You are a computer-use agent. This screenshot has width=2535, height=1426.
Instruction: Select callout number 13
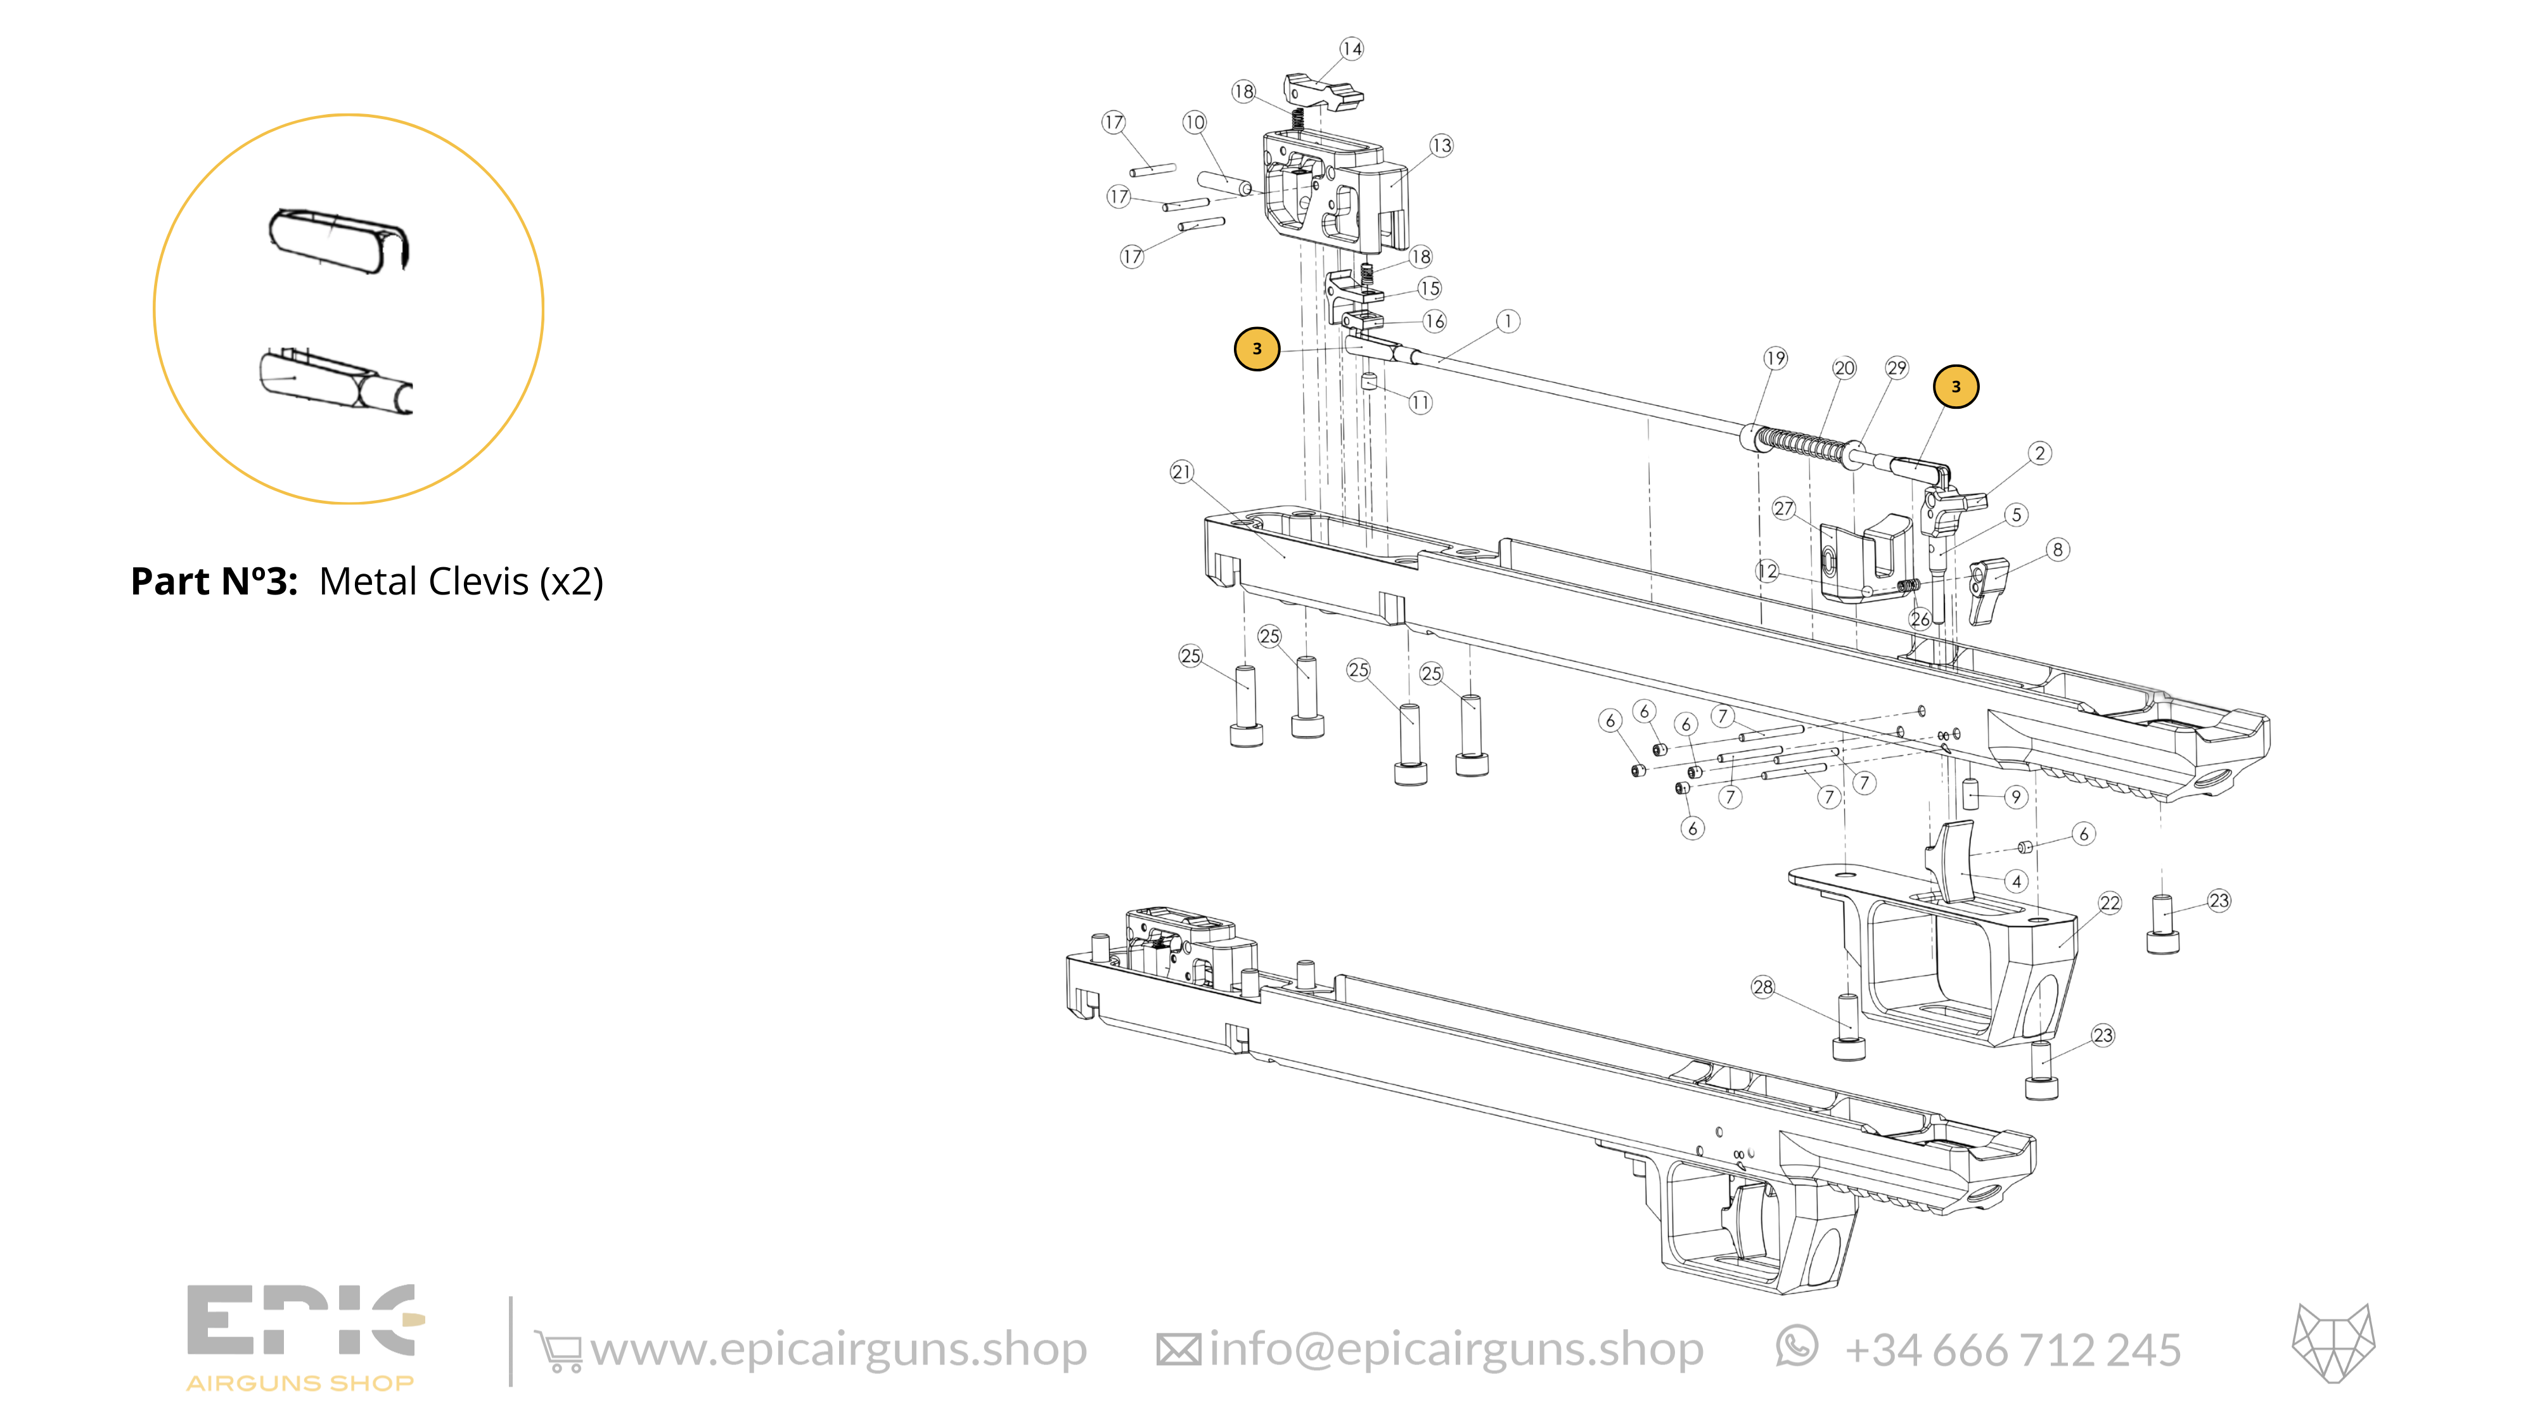pyautogui.click(x=1441, y=146)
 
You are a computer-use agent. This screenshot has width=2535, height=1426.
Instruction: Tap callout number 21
pyautogui.click(x=1181, y=472)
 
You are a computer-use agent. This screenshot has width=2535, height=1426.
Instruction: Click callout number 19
pyautogui.click(x=1775, y=358)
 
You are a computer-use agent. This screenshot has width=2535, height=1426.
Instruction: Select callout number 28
pyautogui.click(x=1762, y=986)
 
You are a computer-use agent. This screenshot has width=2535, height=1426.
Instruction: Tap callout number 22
pyautogui.click(x=2110, y=902)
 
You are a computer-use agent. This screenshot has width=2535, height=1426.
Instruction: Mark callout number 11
pyautogui.click(x=1420, y=402)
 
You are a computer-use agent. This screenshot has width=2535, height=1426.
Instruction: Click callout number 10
pyautogui.click(x=1194, y=122)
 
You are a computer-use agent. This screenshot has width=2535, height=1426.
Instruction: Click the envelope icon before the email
pyautogui.click(x=1178, y=1350)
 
